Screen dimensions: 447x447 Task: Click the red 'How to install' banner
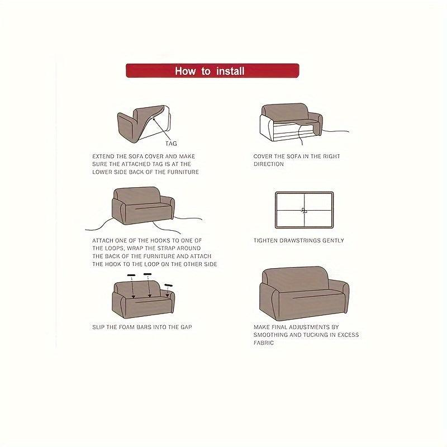[212, 71]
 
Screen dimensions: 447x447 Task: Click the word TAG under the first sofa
[171, 144]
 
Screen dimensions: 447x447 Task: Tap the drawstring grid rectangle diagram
[304, 210]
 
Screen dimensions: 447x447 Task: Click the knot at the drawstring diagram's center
[304, 211]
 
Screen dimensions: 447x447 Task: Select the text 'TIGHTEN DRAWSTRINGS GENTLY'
[298, 241]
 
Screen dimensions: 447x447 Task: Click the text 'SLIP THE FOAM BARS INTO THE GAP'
[142, 326]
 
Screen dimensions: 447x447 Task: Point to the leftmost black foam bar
[131, 276]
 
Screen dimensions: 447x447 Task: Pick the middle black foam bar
[148, 274]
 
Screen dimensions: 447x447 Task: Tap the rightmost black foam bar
[169, 286]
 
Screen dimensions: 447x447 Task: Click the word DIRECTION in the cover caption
[269, 164]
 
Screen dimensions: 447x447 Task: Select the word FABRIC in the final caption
[264, 343]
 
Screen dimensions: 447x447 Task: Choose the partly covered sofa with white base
[291, 123]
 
